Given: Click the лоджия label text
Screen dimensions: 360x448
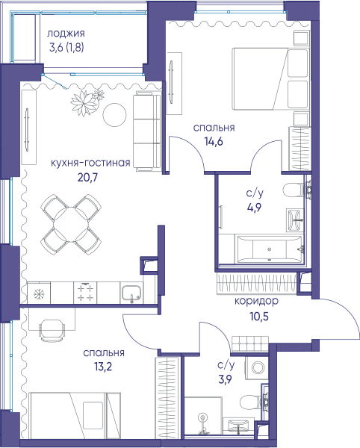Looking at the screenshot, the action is pyautogui.click(x=66, y=34).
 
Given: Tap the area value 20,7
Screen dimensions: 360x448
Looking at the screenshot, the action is pyautogui.click(x=87, y=178).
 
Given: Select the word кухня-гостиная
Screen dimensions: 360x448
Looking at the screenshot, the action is pyautogui.click(x=90, y=163).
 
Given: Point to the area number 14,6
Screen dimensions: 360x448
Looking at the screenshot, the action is pyautogui.click(x=214, y=141).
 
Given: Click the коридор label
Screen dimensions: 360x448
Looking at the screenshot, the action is pyautogui.click(x=256, y=301).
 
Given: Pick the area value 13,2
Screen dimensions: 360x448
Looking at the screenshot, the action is pyautogui.click(x=103, y=367).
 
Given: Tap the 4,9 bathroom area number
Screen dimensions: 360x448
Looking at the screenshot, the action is pyautogui.click(x=254, y=207).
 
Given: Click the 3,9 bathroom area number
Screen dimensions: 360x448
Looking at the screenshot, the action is pyautogui.click(x=225, y=379).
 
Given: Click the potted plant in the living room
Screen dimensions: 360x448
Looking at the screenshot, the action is pyautogui.click(x=86, y=102).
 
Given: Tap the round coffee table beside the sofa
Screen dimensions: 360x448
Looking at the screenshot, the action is pyautogui.click(x=114, y=115).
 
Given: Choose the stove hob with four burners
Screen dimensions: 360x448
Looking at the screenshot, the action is pyautogui.click(x=85, y=293).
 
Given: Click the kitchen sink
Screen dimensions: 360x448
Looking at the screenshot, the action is pyautogui.click(x=131, y=293).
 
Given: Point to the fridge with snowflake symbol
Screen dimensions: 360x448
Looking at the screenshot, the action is pyautogui.click(x=39, y=293).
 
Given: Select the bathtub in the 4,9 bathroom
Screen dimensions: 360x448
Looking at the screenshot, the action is pyautogui.click(x=269, y=249).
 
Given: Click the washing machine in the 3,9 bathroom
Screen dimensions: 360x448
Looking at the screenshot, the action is pyautogui.click(x=257, y=367).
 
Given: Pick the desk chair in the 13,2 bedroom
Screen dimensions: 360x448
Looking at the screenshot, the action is pyautogui.click(x=52, y=330).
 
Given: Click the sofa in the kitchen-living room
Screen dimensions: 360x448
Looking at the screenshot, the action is pyautogui.click(x=146, y=131).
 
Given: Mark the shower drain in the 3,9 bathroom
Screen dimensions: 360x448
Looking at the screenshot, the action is pyautogui.click(x=203, y=417).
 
